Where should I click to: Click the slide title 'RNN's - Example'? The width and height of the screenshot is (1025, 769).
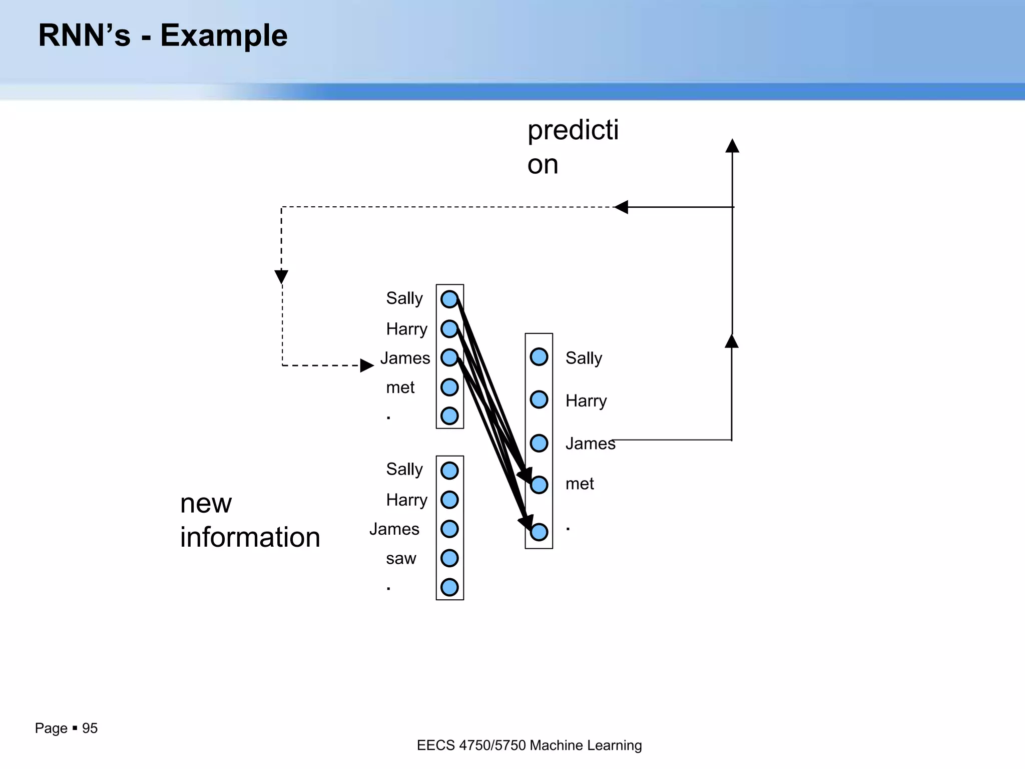tap(163, 36)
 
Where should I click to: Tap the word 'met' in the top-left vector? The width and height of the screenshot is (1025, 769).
tap(400, 388)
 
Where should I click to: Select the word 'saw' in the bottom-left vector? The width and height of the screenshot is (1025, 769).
tap(401, 558)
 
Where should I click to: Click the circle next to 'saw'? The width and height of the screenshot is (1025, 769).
tap(449, 558)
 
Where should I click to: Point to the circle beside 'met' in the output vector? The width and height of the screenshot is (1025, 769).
tap(539, 485)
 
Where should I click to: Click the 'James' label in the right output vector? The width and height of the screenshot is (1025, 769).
tap(590, 444)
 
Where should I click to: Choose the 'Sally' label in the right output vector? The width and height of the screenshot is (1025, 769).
tap(584, 358)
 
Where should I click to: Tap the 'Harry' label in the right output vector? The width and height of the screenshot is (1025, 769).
tap(586, 401)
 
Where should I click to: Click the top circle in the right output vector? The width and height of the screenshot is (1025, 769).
tap(539, 357)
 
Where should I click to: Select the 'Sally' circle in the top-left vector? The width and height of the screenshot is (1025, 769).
tap(449, 299)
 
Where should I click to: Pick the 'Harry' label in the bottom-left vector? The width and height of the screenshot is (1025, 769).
tap(406, 500)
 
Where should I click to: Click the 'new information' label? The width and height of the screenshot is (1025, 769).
tap(250, 520)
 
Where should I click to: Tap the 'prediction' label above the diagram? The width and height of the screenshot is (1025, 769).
tap(573, 147)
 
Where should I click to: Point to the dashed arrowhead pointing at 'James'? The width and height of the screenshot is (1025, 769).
tap(367, 365)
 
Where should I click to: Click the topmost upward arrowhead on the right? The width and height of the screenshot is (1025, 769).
tap(732, 146)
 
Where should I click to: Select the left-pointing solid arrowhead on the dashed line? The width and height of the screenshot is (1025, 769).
tap(621, 207)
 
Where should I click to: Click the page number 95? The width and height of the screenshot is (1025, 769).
tap(90, 728)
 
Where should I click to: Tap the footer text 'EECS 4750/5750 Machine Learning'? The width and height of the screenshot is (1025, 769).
tap(529, 745)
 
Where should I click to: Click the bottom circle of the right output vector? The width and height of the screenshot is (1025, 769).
tap(539, 532)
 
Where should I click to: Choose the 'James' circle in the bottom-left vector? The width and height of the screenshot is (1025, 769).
tap(449, 529)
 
